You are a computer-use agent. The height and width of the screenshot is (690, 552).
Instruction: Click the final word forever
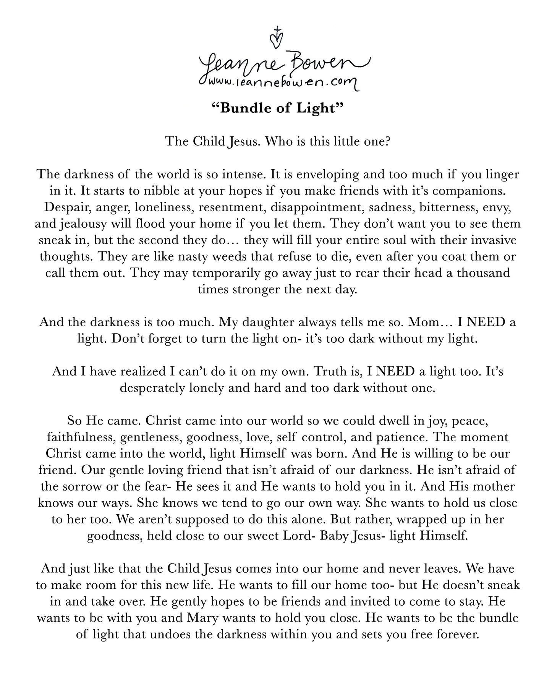pos(457,634)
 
